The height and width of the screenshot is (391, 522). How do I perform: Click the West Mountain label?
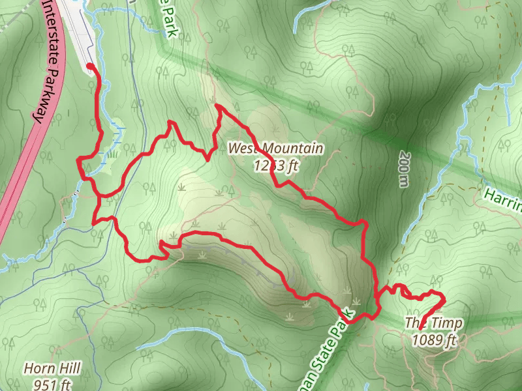(275, 149)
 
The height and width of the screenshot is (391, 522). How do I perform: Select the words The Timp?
(433, 323)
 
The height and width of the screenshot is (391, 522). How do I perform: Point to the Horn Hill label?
(52, 369)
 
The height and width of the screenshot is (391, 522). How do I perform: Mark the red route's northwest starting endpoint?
(89, 66)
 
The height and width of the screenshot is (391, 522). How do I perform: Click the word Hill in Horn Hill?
(69, 369)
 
